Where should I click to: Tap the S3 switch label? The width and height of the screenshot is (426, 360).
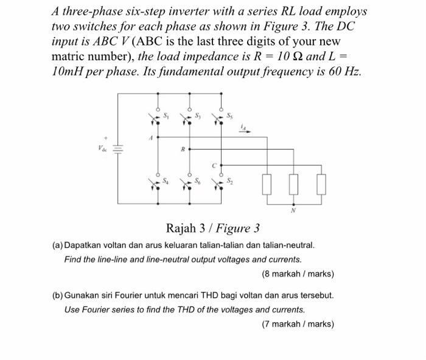pyautogui.click(x=198, y=115)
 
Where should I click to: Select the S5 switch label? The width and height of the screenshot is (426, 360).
pyautogui.click(x=229, y=115)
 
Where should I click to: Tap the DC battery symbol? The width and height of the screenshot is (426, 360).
pyautogui.click(x=118, y=147)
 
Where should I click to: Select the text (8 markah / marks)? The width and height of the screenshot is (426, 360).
pyautogui.click(x=298, y=274)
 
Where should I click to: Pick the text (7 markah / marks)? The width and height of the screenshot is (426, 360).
pyautogui.click(x=298, y=324)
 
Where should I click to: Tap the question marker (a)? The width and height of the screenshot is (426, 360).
pyautogui.click(x=58, y=245)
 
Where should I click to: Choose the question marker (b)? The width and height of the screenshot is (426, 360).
pyautogui.click(x=58, y=295)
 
